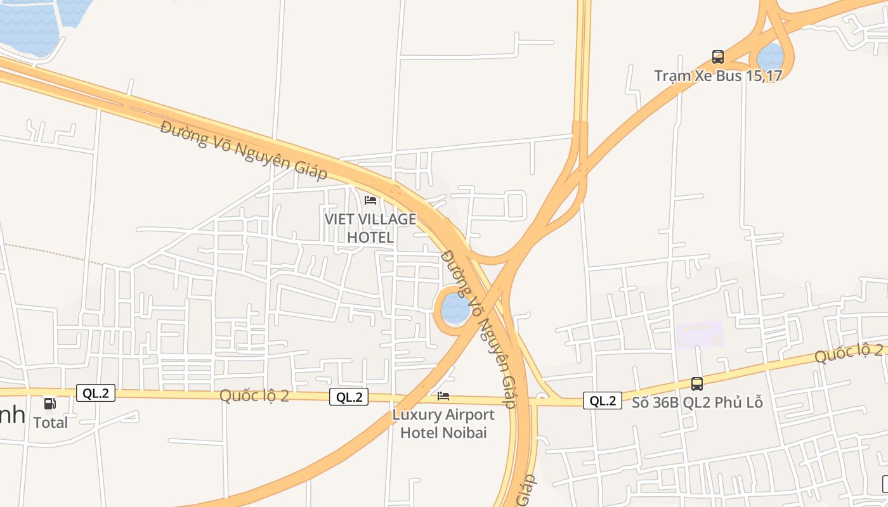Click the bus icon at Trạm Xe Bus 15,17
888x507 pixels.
[717, 57]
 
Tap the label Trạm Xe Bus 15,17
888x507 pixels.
[718, 75]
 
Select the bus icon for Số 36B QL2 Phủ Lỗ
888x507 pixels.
[696, 383]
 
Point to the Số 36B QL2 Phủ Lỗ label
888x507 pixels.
[696, 402]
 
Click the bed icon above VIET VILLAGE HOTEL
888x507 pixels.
[370, 200]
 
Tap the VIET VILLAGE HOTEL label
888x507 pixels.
[370, 228]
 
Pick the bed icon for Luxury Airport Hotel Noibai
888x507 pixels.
[443, 396]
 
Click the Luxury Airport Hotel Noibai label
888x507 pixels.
[443, 423]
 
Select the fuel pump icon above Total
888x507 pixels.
[49, 403]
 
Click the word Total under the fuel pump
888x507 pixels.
[50, 422]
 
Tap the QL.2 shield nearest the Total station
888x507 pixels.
[96, 393]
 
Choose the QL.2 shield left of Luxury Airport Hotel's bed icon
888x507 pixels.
[349, 397]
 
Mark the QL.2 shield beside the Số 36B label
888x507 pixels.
[602, 401]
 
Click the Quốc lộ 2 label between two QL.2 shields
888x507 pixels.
[254, 395]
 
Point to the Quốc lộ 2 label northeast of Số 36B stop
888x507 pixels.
[848, 353]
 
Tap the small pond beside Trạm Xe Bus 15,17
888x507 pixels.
[771, 57]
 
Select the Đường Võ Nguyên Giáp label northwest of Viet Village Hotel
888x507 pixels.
[243, 149]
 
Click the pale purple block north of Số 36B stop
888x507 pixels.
[700, 334]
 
